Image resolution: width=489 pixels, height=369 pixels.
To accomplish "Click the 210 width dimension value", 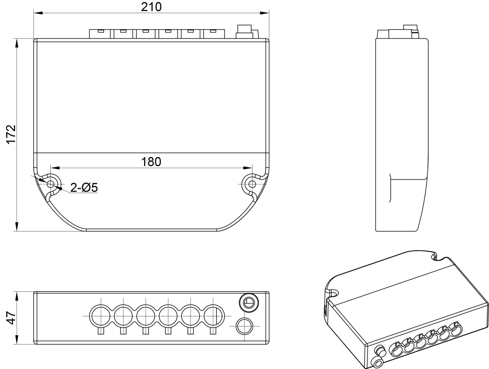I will tap(151, 7).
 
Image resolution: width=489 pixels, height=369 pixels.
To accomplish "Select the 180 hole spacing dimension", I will tap(151, 162).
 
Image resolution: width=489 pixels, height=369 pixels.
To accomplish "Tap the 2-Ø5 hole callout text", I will tap(84, 188).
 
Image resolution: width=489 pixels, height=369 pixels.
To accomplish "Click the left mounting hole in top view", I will tap(51, 184).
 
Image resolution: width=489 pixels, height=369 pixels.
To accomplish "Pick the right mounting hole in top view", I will tap(252, 184).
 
